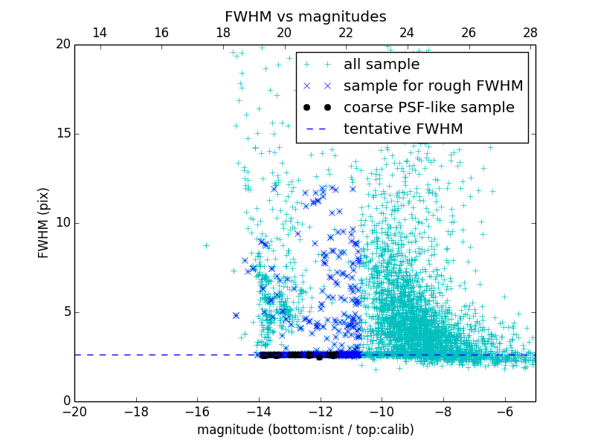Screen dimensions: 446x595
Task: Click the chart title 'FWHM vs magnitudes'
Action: click(305, 16)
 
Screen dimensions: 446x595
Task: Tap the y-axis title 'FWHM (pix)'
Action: click(44, 223)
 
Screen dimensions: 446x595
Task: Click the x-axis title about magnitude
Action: click(305, 430)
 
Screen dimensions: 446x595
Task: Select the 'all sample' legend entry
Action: click(382, 65)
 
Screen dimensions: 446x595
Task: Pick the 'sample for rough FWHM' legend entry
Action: click(433, 86)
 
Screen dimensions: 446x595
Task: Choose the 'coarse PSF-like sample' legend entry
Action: click(428, 108)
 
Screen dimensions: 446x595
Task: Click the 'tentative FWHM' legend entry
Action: click(403, 129)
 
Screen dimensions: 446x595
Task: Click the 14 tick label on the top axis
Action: click(99, 33)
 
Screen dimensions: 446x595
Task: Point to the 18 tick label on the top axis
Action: click(222, 33)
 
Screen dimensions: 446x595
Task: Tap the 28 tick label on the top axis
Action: click(530, 33)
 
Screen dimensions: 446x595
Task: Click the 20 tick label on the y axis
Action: click(62, 45)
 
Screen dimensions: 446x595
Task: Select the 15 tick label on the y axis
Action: click(62, 134)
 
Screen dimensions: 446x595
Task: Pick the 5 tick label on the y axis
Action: click(65, 312)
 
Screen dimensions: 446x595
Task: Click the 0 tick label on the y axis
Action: click(65, 401)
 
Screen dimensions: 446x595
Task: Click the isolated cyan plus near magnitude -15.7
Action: click(206, 245)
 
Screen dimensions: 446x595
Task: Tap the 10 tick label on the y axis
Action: click(62, 223)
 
